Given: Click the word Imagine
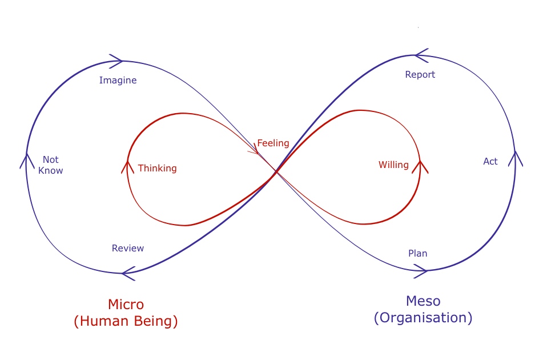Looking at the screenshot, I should (x=118, y=81).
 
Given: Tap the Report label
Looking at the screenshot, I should (x=420, y=75).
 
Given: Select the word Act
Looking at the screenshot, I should (x=490, y=162).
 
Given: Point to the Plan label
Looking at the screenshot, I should (x=417, y=253).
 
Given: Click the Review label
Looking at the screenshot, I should (x=128, y=249).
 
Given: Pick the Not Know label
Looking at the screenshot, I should (x=51, y=165).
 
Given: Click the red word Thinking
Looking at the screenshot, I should (x=158, y=169).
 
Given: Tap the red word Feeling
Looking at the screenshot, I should (x=273, y=143).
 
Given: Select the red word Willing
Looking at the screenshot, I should (x=393, y=165).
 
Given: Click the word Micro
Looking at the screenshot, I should (x=126, y=305).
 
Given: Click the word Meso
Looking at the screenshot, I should (x=423, y=301).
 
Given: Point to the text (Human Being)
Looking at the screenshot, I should (x=126, y=321).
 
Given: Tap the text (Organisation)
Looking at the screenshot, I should (x=423, y=318).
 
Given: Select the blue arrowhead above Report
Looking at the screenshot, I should (x=422, y=55).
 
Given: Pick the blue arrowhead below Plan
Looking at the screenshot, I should (x=420, y=271).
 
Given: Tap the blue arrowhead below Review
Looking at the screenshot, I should (x=128, y=273).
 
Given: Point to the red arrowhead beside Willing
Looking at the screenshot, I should (x=421, y=167).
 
